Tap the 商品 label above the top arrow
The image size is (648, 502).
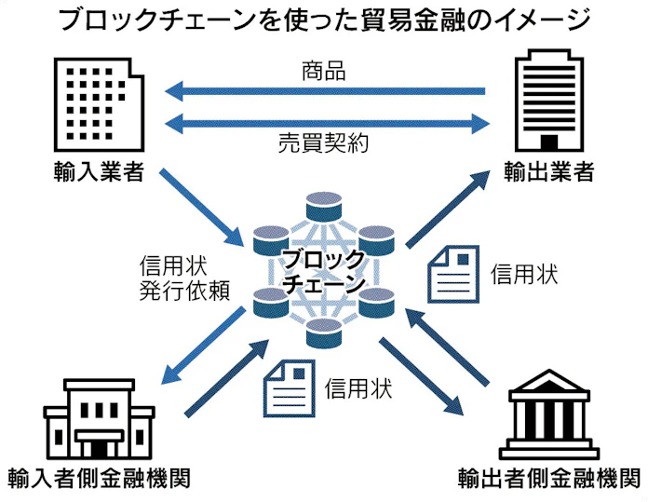[324, 70]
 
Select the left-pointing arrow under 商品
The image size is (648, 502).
[325, 91]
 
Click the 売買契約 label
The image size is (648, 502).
[324, 143]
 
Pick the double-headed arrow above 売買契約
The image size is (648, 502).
[325, 120]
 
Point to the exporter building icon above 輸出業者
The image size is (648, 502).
[549, 103]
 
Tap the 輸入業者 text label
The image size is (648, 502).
[101, 172]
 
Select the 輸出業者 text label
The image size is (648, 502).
[549, 172]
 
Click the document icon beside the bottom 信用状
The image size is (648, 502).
[288, 386]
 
